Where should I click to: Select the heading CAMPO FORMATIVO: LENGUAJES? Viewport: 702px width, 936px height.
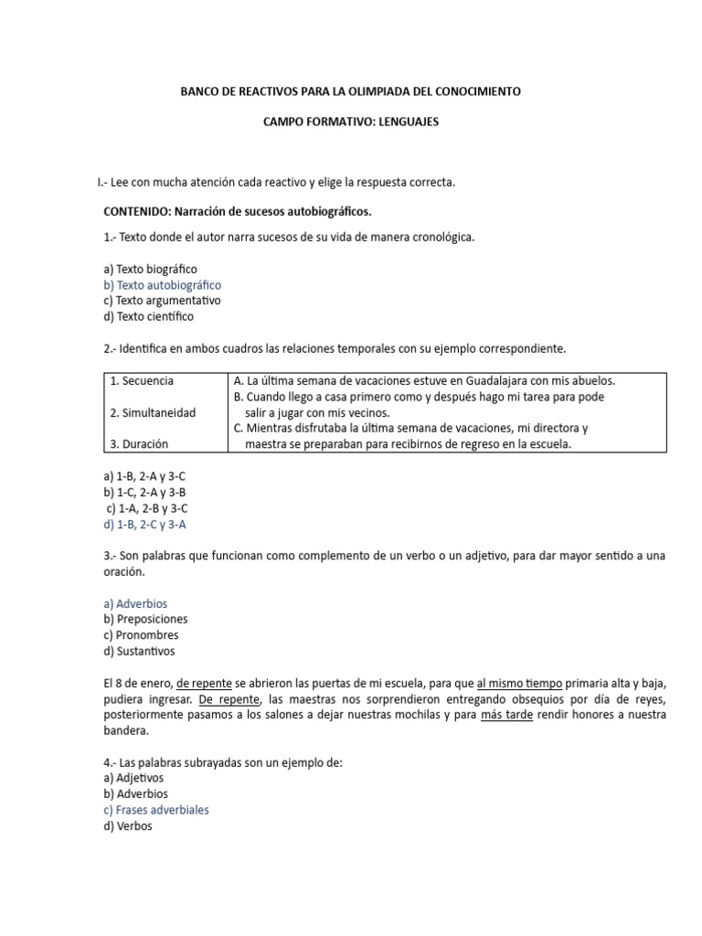coord(351,121)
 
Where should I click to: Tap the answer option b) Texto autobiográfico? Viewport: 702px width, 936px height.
coord(163,285)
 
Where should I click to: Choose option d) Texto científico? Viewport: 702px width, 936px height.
coord(149,316)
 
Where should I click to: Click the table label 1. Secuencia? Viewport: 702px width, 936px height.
coord(141,380)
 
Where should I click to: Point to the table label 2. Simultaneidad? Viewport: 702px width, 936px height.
coord(152,412)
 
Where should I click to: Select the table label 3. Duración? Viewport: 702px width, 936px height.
coord(139,444)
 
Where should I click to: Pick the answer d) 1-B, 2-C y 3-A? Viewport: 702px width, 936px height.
coord(151,524)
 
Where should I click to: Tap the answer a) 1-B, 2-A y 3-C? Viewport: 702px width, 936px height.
coord(151,477)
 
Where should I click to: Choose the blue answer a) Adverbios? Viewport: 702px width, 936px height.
coord(136,603)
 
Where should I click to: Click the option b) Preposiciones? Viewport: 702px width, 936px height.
coord(146,619)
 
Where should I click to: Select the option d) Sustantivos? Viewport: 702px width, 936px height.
coord(140,651)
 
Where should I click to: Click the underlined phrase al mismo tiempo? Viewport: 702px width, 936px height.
coord(519,684)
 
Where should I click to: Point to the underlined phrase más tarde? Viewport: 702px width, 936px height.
coord(506,715)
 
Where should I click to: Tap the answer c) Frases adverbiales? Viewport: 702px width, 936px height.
coord(156,810)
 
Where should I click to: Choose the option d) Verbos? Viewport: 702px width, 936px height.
coord(129,825)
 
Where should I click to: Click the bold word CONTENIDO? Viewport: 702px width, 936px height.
coord(139,211)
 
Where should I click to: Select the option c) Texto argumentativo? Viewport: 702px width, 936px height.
coord(162,301)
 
